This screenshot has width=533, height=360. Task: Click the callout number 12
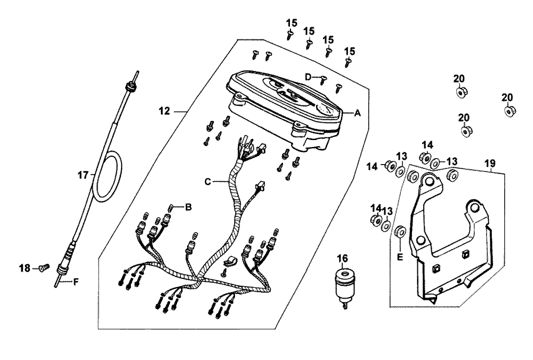click(165, 111)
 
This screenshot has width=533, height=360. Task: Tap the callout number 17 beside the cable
click(83, 175)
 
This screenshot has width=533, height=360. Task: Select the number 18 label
click(24, 268)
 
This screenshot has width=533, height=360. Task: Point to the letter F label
click(76, 281)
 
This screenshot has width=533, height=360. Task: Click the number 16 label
click(343, 259)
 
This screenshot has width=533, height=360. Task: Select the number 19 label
click(490, 163)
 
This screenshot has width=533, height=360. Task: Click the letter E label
click(400, 257)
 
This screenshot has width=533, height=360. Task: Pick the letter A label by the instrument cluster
click(357, 113)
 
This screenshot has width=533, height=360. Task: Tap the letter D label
click(308, 77)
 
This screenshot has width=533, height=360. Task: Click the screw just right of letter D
click(323, 80)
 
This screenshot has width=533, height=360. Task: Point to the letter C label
click(208, 182)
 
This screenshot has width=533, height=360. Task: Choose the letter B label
click(188, 206)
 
